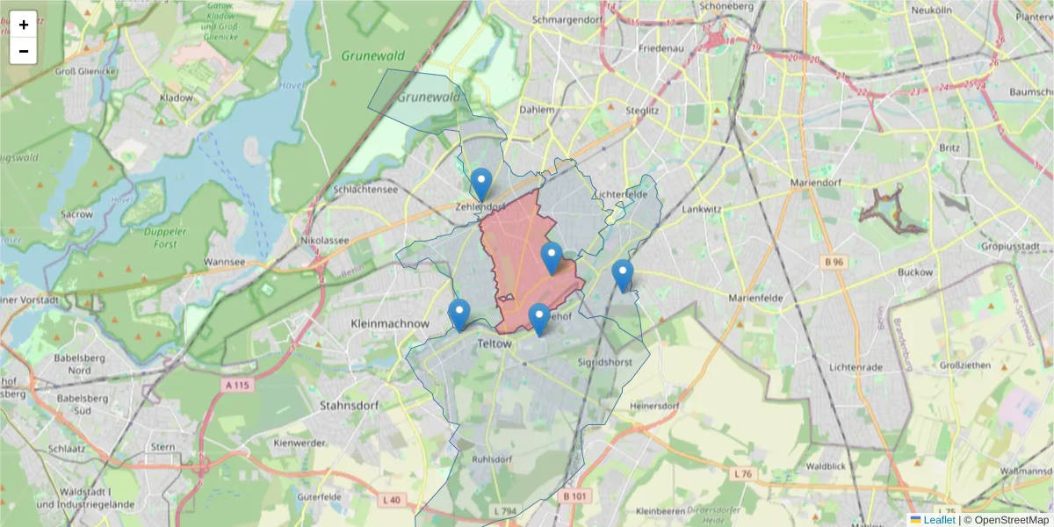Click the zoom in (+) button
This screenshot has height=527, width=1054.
[24, 25]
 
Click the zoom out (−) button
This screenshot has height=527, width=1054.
[24, 51]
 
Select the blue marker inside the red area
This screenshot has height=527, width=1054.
[551, 258]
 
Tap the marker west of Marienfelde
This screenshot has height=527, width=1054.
[623, 276]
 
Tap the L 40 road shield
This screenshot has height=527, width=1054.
[392, 500]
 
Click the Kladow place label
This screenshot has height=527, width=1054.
[177, 97]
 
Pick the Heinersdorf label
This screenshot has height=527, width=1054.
[655, 406]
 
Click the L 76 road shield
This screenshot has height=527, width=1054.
[743, 474]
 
